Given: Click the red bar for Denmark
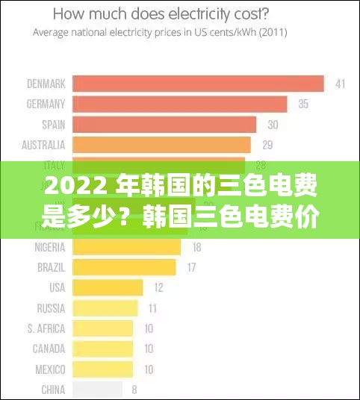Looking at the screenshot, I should [x=198, y=84].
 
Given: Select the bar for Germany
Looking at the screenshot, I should [x=180, y=104].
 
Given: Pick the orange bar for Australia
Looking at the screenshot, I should [x=161, y=145].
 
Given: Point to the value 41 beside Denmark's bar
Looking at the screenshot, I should [x=340, y=84].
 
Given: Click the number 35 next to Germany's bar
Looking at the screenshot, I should [x=303, y=104].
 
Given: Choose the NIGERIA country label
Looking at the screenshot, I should [x=49, y=246].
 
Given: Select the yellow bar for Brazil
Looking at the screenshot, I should [x=124, y=267].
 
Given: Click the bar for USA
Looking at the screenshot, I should [x=108, y=287].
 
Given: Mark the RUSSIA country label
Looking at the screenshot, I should [x=51, y=307].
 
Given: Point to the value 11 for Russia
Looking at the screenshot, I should [x=152, y=307].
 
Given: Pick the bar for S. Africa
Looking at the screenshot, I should [x=102, y=328].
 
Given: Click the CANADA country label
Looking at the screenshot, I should [x=49, y=348].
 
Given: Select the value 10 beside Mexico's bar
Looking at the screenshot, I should [x=149, y=369].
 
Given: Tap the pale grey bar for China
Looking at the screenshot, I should [x=97, y=389].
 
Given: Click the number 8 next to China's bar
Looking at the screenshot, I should [x=134, y=389].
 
